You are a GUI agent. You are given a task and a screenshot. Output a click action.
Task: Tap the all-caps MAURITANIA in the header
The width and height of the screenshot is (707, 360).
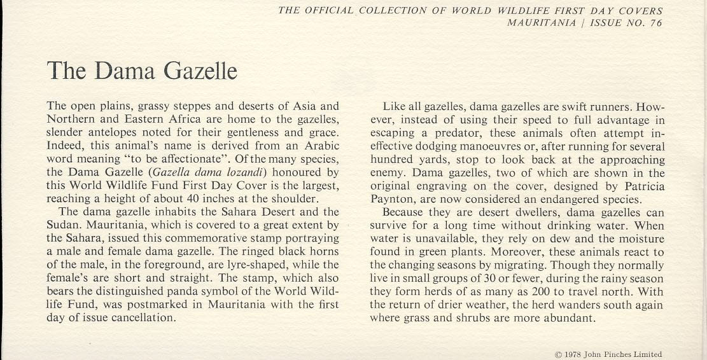click(x=538, y=23)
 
